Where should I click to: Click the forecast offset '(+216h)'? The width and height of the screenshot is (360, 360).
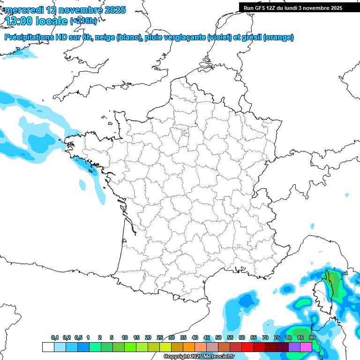[83, 21]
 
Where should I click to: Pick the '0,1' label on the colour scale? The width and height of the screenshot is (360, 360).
[54, 338]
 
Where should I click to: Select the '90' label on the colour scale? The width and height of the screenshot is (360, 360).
[312, 338]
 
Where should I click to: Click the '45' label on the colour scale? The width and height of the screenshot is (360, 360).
[207, 338]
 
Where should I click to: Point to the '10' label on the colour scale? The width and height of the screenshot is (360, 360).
[125, 338]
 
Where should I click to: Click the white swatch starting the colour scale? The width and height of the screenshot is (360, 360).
[48, 347]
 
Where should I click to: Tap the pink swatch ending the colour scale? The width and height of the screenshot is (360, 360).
[306, 347]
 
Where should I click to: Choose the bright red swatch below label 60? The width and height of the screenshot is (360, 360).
[247, 347]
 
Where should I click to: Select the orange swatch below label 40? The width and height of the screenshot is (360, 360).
[189, 347]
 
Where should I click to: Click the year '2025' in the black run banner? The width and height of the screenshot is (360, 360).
[335, 8]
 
